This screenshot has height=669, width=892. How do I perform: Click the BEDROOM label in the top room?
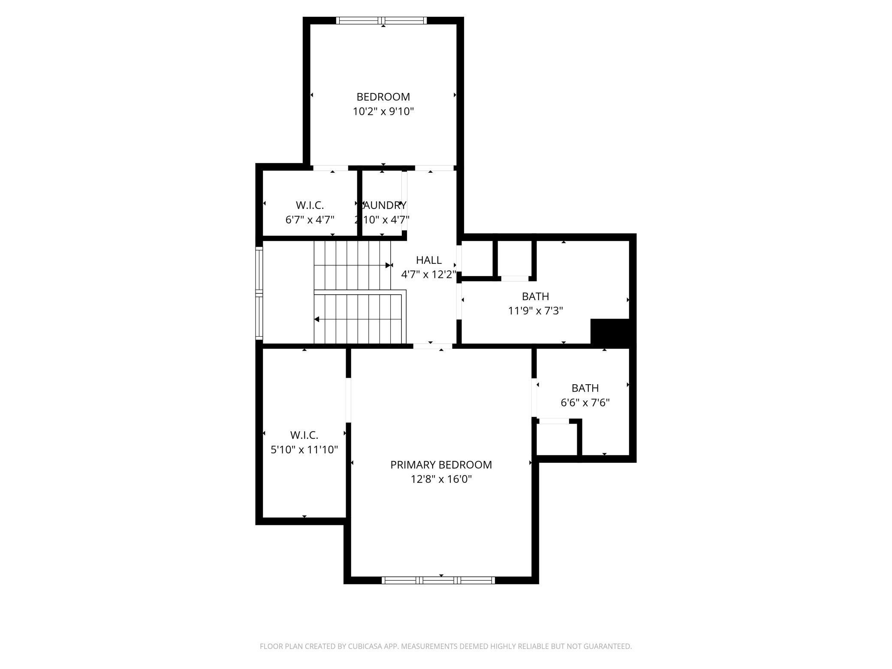pyautogui.click(x=383, y=97)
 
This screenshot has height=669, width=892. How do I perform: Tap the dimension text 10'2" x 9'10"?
pyautogui.click(x=383, y=112)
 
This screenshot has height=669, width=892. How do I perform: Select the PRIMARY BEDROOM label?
pyautogui.click(x=441, y=465)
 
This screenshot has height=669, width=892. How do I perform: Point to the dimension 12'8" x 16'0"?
pyautogui.click(x=441, y=479)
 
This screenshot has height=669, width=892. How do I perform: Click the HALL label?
pyautogui.click(x=428, y=260)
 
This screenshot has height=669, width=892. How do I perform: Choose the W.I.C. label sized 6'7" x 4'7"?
pyautogui.click(x=310, y=205)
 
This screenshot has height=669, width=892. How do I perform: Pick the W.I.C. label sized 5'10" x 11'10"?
pyautogui.click(x=304, y=435)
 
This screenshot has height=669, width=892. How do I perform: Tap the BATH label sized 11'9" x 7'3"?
pyautogui.click(x=535, y=296)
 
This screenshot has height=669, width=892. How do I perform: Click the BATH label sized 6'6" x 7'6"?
pyautogui.click(x=585, y=388)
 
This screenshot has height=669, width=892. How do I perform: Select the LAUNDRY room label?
pyautogui.click(x=383, y=205)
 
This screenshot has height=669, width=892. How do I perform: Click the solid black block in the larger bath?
pyautogui.click(x=610, y=331)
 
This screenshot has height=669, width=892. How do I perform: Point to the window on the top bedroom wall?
pyautogui.click(x=381, y=21)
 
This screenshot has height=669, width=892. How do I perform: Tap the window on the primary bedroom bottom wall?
pyautogui.click(x=438, y=580)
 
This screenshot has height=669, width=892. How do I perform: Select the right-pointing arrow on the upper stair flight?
pyautogui.click(x=389, y=265)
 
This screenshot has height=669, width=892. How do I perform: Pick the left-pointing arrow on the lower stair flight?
pyautogui.click(x=317, y=319)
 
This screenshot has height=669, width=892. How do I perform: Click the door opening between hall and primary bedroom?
pyautogui.click(x=432, y=346)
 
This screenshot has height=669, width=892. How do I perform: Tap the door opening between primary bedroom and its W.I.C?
pyautogui.click(x=348, y=400)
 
